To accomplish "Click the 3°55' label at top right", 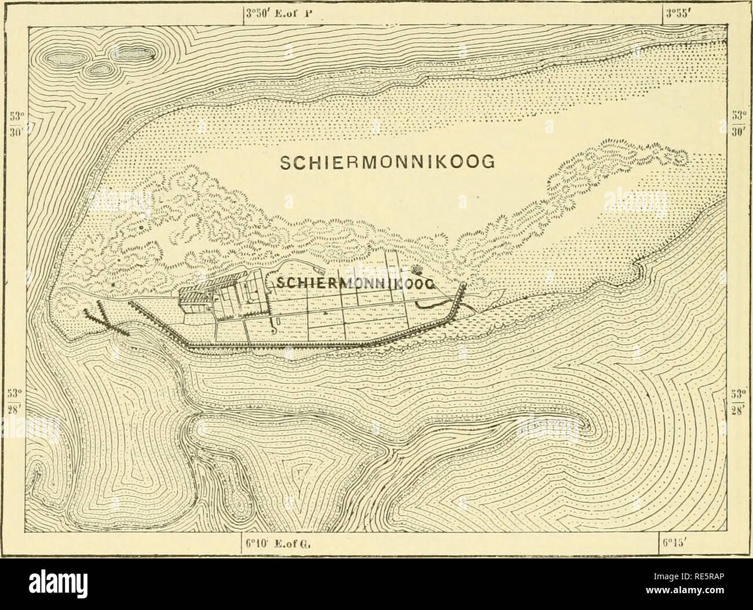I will pyautogui.click(x=679, y=9).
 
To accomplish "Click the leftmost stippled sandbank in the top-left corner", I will pyautogui.click(x=65, y=57).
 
